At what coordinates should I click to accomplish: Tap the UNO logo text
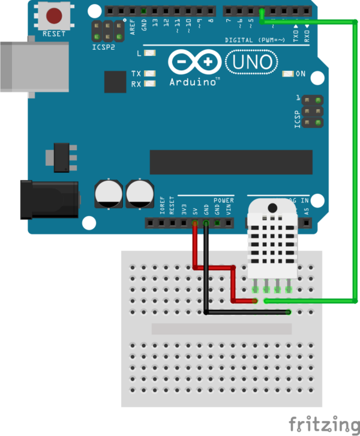tap(251, 61)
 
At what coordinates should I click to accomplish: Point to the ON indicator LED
tap(288, 74)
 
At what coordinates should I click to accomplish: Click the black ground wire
tap(206, 270)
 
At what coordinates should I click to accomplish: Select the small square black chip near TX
tap(115, 82)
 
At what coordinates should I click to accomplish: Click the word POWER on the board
tap(223, 199)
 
